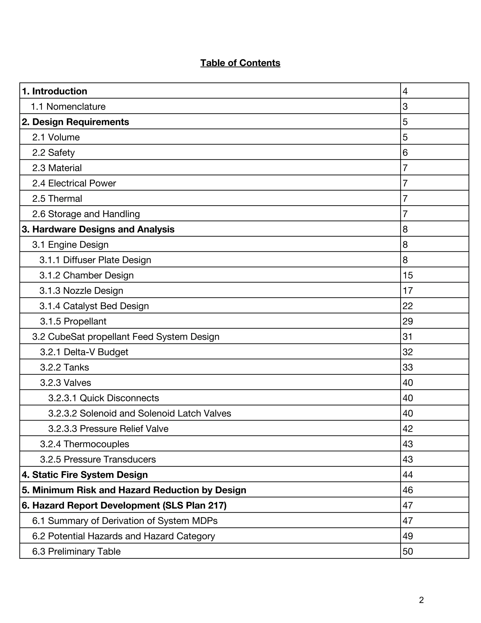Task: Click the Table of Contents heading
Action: [x=240, y=63]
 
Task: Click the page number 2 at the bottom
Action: [x=421, y=600]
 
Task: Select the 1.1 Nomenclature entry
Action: [x=68, y=107]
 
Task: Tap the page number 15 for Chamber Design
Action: [x=408, y=275]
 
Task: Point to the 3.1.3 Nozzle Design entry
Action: [x=81, y=291]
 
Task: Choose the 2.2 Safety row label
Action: [x=53, y=153]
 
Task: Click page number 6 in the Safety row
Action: [x=405, y=153]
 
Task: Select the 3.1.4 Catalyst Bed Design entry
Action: [x=94, y=306]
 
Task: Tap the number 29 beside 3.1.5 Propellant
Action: [x=408, y=321]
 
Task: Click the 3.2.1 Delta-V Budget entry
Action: [x=84, y=352]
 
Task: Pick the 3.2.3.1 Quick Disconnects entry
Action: [x=103, y=398]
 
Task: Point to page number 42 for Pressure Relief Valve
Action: [x=408, y=429]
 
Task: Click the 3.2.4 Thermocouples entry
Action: [x=85, y=444]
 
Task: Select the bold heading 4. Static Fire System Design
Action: [x=85, y=475]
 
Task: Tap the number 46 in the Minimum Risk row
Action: [x=408, y=490]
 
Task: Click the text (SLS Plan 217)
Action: [x=195, y=505]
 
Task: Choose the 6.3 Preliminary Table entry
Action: [x=76, y=551]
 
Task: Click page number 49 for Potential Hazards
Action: [x=408, y=536]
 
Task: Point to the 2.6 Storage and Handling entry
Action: [x=86, y=214]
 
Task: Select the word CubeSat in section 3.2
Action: [x=66, y=337]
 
